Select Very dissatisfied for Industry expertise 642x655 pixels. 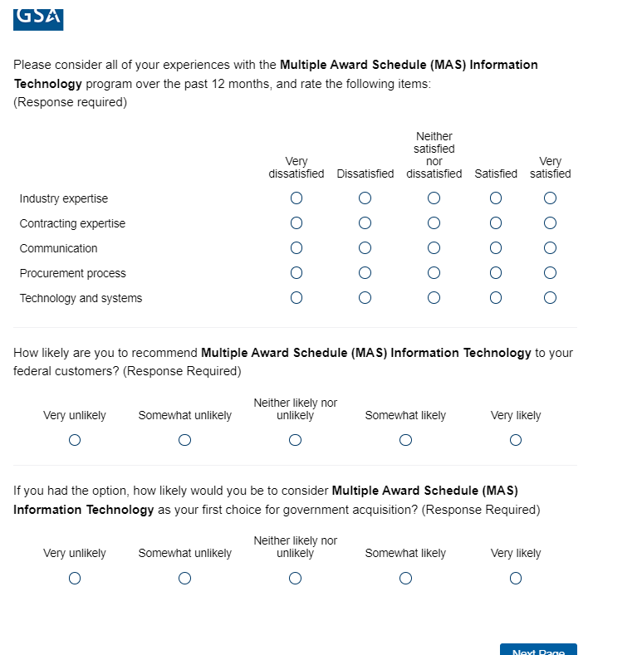(296, 198)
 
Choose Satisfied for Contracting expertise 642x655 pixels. (496, 223)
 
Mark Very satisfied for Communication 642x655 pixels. (550, 248)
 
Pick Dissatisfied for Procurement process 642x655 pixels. (365, 273)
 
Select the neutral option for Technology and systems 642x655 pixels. (434, 298)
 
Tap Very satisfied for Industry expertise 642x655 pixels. (550, 198)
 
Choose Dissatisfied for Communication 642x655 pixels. (365, 248)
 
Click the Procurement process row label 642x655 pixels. (73, 273)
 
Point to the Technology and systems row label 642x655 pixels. (81, 298)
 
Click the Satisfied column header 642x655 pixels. (496, 174)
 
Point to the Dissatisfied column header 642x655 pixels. (365, 174)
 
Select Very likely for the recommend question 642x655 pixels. (516, 441)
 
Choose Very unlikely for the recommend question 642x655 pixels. (75, 441)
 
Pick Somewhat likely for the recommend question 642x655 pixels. (405, 441)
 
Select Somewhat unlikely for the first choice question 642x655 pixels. (185, 579)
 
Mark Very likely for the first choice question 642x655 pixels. (516, 579)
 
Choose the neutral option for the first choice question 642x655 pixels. (296, 579)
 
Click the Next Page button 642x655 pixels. (538, 650)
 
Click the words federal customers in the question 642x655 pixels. (65, 371)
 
